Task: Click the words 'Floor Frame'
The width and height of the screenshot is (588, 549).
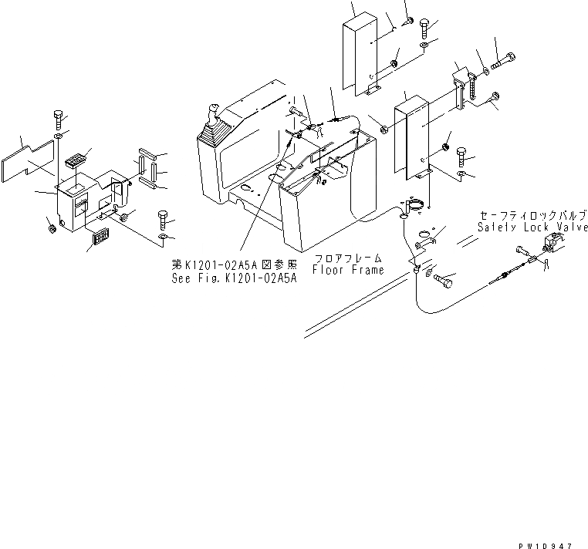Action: tap(347, 271)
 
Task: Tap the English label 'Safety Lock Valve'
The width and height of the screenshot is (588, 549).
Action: tap(532, 227)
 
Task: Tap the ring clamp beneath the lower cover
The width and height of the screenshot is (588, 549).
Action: tap(415, 205)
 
